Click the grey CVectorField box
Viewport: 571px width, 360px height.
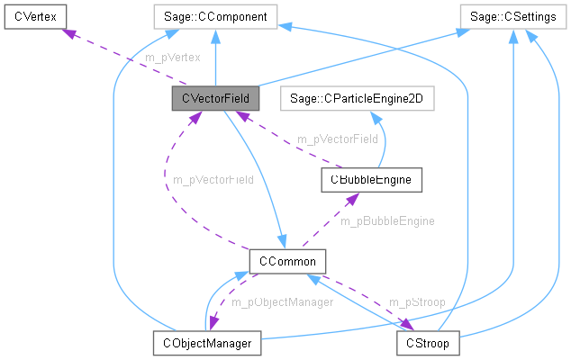pyautogui.click(x=214, y=97)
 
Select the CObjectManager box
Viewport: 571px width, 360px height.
pyautogui.click(x=206, y=343)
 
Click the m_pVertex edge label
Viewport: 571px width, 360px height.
pyautogui.click(x=172, y=57)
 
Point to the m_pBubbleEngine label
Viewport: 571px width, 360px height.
pyautogui.click(x=387, y=220)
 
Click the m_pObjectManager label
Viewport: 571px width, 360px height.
pyautogui.click(x=283, y=302)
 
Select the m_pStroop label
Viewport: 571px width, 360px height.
pyautogui.click(x=417, y=302)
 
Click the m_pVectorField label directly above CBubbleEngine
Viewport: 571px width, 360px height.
pyautogui.click(x=338, y=139)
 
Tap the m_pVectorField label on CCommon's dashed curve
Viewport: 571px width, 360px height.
pyautogui.click(x=213, y=179)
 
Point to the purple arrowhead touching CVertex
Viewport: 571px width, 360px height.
pyautogui.click(x=65, y=31)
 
